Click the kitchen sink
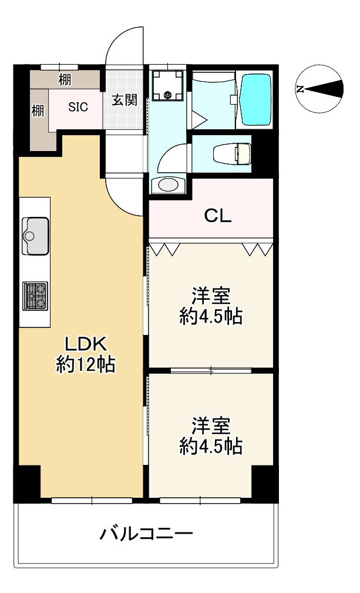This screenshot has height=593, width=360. (x=36, y=236)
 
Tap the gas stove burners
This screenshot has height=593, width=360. (x=35, y=296)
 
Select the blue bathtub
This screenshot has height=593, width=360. (x=255, y=99)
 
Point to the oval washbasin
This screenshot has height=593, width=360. (x=169, y=185)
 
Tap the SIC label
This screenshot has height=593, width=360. (x=78, y=107)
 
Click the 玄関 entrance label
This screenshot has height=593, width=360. (x=125, y=100)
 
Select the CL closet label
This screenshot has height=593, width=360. (x=218, y=216)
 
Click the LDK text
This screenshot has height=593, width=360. (x=86, y=344)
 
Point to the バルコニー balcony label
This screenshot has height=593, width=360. (x=147, y=534)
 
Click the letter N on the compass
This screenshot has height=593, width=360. (x=300, y=89)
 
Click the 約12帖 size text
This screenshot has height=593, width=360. (x=86, y=364)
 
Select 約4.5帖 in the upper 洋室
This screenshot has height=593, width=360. (x=211, y=316)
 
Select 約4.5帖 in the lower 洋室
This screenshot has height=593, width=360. (x=211, y=446)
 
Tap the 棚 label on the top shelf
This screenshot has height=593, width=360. (x=65, y=79)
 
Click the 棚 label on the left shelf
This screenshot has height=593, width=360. (x=38, y=111)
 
